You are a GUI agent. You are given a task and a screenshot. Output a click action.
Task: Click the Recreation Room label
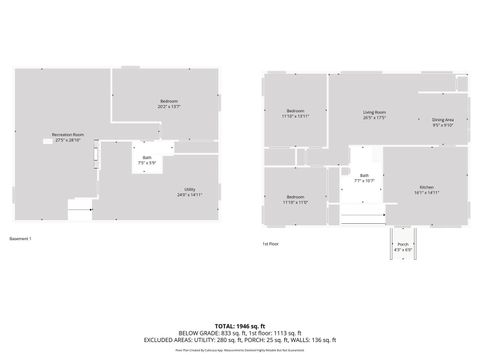pyautogui.click(x=67, y=134)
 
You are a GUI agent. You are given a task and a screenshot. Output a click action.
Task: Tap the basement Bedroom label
pyautogui.click(x=169, y=101)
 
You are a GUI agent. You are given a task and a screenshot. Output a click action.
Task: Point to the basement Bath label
pyautogui.click(x=146, y=158)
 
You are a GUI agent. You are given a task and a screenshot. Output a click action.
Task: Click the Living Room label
pyautogui.click(x=375, y=112)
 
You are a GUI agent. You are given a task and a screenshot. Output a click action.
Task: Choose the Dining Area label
pyautogui.click(x=443, y=120)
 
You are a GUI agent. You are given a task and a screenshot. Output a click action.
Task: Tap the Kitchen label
pyautogui.click(x=427, y=187)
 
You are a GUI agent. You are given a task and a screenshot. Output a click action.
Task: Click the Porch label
pyautogui.click(x=403, y=244)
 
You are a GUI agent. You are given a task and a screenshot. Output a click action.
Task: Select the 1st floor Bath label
pyautogui.click(x=364, y=176)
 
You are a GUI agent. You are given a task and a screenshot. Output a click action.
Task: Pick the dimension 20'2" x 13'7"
pyautogui.click(x=169, y=106)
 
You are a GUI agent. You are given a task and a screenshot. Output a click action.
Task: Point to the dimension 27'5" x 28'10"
pyautogui.click(x=67, y=140)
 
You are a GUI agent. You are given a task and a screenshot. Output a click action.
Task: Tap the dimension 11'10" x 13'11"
pyautogui.click(x=295, y=116)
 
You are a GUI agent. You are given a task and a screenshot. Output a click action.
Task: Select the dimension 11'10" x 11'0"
pyautogui.click(x=295, y=202)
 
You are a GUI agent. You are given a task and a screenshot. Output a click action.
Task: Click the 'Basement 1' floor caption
pyautogui.click(x=21, y=239)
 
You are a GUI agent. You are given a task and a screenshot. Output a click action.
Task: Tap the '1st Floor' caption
pyautogui.click(x=271, y=243)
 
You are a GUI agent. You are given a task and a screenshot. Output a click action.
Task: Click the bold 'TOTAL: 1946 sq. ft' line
pyautogui.click(x=240, y=326)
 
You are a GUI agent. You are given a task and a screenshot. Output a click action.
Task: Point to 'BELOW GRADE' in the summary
pyautogui.click(x=196, y=333)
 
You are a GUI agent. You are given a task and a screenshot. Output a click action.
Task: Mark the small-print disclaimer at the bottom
pyautogui.click(x=240, y=351)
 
